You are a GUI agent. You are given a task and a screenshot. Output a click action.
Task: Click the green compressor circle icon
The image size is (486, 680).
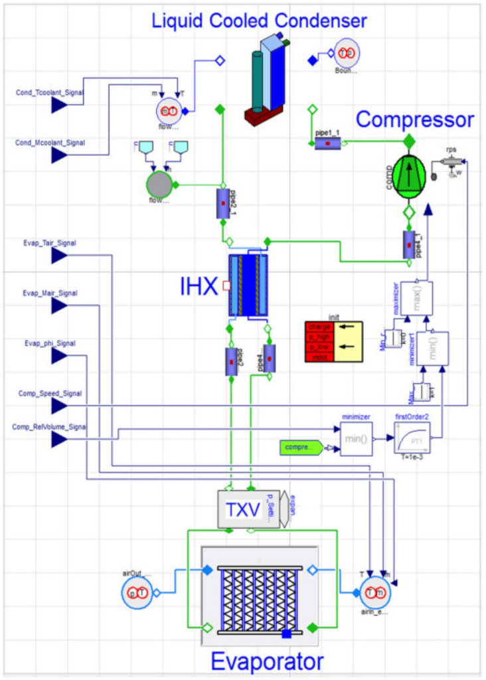[409, 175]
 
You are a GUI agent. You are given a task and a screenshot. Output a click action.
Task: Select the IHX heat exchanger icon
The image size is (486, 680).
[248, 285]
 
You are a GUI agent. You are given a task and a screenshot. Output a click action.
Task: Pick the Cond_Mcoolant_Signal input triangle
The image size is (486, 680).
[60, 155]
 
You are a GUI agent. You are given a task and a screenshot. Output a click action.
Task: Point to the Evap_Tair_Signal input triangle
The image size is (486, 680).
[60, 255]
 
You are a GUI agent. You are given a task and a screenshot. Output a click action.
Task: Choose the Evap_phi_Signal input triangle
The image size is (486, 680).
[60, 355]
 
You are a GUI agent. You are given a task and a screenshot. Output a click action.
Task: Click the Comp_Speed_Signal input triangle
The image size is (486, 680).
[60, 405]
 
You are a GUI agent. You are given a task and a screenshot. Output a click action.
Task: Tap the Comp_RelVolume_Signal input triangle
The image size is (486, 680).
[60, 438]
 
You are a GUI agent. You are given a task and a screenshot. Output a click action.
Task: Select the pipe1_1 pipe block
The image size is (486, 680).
[327, 143]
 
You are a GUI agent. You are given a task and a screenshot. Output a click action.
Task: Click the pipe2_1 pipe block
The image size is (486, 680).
[222, 203]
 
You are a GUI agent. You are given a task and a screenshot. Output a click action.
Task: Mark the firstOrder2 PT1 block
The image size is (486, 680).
[411, 439]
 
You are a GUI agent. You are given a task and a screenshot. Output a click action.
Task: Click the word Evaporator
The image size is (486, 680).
[267, 661]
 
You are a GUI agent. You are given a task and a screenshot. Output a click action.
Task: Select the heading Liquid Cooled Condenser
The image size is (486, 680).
[259, 21]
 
